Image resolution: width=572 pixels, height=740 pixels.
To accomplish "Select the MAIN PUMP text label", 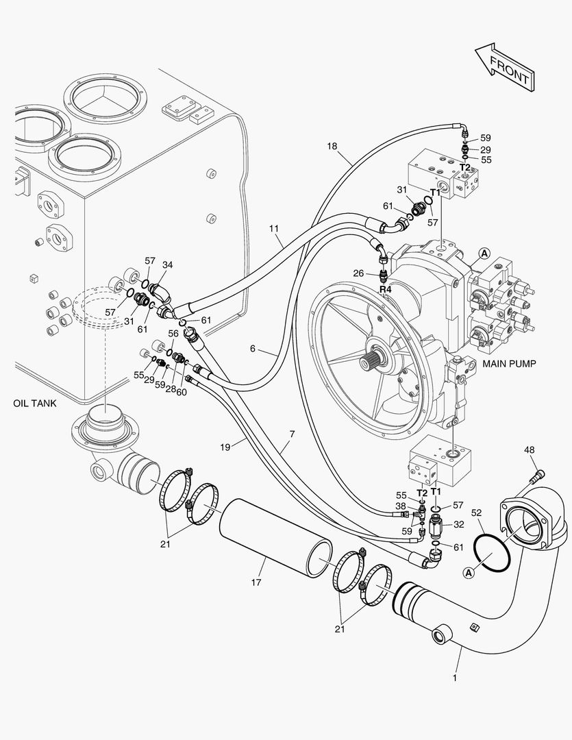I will (509, 363).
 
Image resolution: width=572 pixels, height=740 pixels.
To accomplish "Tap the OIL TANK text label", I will (35, 403).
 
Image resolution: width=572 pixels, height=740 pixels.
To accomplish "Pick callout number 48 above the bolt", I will (530, 450).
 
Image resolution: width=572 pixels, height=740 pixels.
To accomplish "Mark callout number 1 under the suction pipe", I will (454, 678).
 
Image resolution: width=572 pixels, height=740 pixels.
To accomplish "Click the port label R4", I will (386, 289).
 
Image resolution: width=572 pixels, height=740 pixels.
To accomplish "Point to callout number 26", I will (358, 273).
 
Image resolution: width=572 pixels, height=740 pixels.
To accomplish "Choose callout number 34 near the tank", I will (167, 264).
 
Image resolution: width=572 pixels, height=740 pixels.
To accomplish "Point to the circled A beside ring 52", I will (468, 572).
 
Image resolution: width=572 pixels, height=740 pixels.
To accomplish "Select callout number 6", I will (253, 349).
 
